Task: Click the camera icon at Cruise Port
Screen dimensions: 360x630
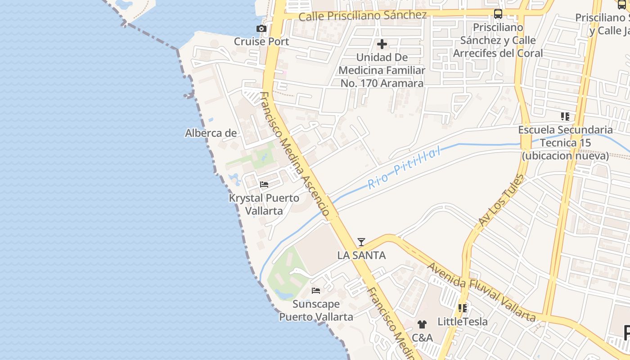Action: [x=261, y=29]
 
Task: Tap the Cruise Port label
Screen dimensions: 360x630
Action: [x=261, y=41]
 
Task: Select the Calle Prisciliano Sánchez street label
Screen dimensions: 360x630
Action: [x=362, y=16]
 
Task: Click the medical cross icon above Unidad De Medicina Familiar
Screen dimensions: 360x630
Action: [x=382, y=44]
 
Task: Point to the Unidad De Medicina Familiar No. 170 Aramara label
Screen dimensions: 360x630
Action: [x=382, y=70]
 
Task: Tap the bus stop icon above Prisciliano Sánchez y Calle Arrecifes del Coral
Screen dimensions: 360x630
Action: [x=498, y=14]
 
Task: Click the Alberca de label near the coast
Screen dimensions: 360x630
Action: [x=211, y=133]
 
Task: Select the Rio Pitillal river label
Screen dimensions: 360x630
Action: [x=404, y=169]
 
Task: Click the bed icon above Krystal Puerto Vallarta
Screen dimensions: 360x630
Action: [x=264, y=184]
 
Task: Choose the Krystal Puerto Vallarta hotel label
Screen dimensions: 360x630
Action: [x=264, y=204]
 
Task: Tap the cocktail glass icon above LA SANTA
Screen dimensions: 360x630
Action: [x=361, y=242]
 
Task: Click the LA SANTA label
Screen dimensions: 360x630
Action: [x=361, y=256]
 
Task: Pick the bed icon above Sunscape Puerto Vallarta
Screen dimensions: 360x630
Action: [x=316, y=291]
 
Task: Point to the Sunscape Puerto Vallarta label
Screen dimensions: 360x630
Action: [x=316, y=310]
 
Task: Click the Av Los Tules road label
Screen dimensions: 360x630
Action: [x=501, y=201]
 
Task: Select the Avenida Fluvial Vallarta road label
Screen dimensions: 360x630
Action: [x=481, y=292]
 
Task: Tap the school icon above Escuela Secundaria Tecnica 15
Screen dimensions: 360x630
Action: [x=565, y=117]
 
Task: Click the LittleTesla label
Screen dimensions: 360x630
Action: [x=463, y=322]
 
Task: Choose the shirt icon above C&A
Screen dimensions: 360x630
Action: [x=422, y=324]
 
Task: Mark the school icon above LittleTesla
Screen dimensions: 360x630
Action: [x=463, y=308]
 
